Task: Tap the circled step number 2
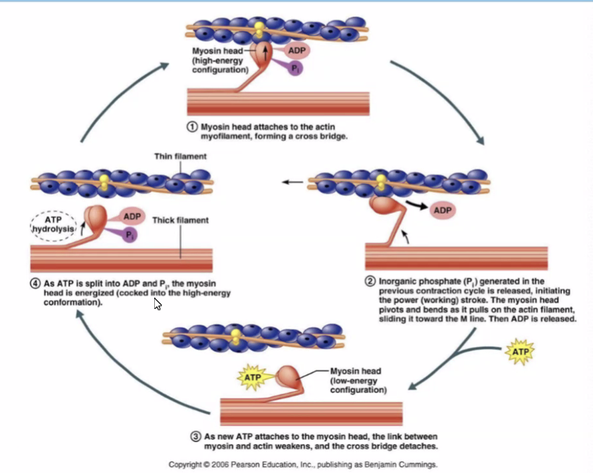tap(370, 281)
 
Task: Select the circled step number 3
tap(195, 436)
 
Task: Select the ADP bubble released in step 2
tap(443, 210)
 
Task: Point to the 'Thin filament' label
tap(180, 157)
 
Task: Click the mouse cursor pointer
tap(158, 304)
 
